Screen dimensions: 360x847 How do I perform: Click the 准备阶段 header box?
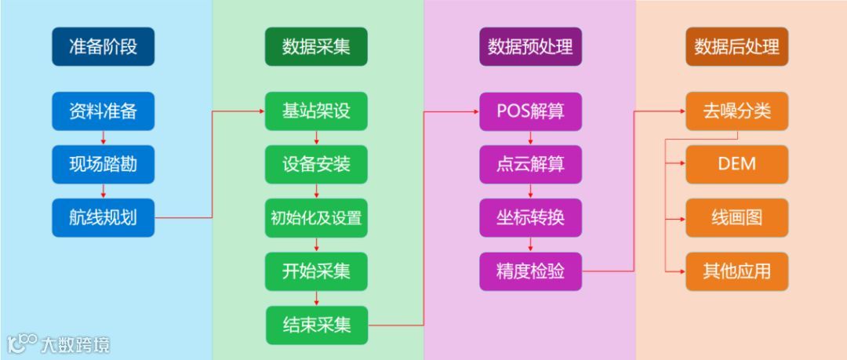tap(103, 47)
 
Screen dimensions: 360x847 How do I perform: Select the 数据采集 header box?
tap(316, 47)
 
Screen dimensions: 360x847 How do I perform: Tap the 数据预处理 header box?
tap(530, 47)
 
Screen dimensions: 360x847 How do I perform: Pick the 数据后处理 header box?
tap(736, 47)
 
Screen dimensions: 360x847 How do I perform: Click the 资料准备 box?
tap(103, 111)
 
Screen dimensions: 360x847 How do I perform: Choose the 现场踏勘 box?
tap(103, 165)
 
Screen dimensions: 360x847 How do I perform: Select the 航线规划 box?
tap(103, 217)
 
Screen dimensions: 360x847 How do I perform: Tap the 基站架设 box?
tap(316, 111)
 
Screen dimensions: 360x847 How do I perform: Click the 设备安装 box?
tap(316, 165)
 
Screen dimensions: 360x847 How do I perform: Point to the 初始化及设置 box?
tap(316, 217)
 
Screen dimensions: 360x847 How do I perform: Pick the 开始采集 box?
tap(316, 271)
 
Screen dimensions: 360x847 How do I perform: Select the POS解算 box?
tap(530, 111)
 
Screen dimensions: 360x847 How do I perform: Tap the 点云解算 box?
tap(530, 165)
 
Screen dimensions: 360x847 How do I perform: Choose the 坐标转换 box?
tap(530, 217)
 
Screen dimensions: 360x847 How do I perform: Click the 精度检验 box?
tap(530, 271)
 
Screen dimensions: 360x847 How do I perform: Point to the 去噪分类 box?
tap(736, 111)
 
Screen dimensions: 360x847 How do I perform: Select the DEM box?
tap(736, 164)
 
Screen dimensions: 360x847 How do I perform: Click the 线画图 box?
tap(736, 217)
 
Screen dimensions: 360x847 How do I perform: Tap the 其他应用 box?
tap(736, 271)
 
